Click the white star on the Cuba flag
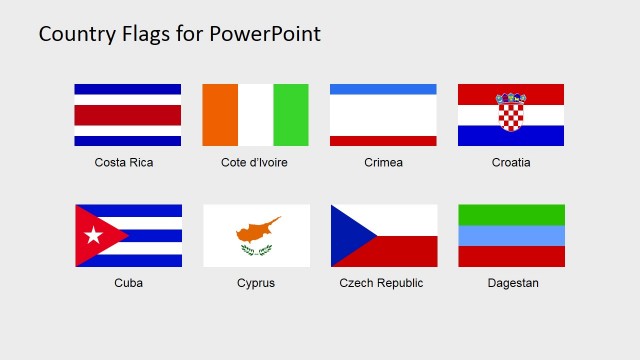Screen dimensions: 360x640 [93, 236]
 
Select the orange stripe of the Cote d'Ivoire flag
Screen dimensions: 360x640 [220, 115]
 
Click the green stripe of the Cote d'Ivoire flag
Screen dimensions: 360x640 [291, 115]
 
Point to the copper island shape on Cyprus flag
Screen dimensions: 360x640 [258, 230]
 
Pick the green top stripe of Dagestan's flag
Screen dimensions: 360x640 [511, 215]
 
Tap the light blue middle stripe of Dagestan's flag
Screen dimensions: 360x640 [511, 236]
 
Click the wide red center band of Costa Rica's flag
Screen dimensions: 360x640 [128, 115]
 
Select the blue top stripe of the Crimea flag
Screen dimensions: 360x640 [383, 89]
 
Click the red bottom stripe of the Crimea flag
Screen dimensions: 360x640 [383, 141]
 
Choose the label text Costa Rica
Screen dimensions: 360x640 [124, 162]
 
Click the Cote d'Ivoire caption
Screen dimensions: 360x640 [254, 162]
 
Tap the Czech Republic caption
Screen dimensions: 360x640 [381, 283]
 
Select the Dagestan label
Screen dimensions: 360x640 [513, 283]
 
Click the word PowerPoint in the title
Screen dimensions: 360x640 [266, 34]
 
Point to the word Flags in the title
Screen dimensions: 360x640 [149, 34]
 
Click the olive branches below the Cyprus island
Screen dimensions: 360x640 [256, 249]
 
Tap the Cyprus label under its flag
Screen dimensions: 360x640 [256, 283]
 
